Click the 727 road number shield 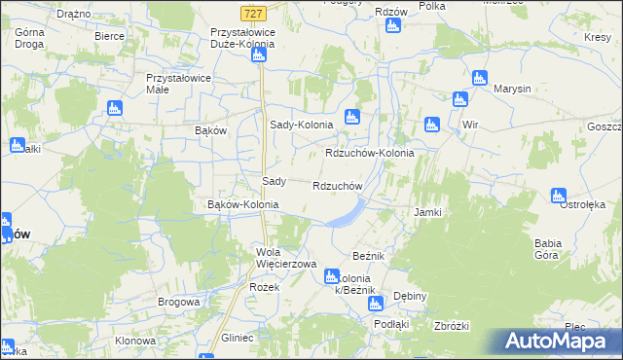coord(252,13)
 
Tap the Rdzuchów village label coord(338,186)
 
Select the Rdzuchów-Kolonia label coord(369,154)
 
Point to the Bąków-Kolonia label coord(243,205)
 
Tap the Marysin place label coord(512,89)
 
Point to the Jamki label coord(428,212)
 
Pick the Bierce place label coord(109,35)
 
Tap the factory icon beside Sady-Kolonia coord(352,118)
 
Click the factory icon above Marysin coord(479,78)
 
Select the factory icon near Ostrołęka coord(559,196)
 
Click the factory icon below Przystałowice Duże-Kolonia coord(259,55)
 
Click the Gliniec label coord(237,338)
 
